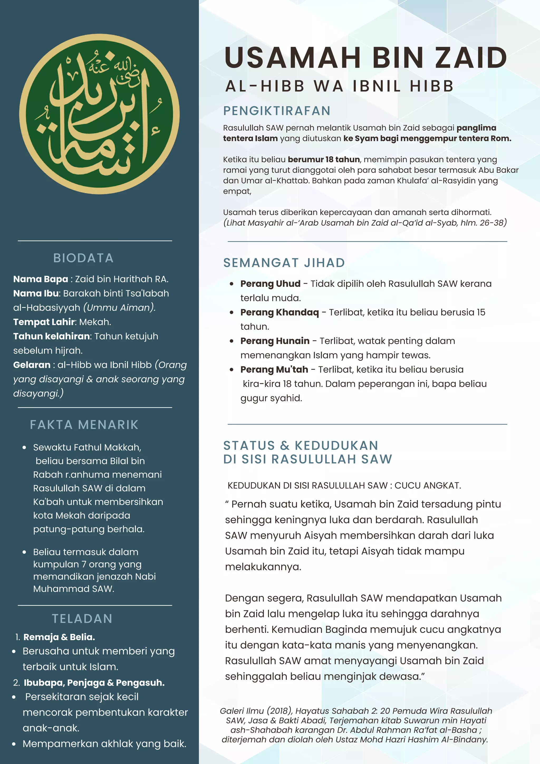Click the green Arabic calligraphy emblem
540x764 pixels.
(99, 114)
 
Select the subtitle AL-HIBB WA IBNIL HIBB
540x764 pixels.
(339, 86)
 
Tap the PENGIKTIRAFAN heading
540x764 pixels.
(277, 111)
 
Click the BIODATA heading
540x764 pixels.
(84, 258)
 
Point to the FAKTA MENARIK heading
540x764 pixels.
(84, 424)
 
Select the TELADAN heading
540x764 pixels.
(82, 619)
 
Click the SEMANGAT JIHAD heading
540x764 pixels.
(284, 262)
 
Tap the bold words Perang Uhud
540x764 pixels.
(270, 284)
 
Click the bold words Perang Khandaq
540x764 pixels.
(279, 312)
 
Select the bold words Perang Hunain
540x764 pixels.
(275, 341)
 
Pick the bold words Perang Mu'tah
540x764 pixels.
(274, 369)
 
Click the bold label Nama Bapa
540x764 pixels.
(41, 279)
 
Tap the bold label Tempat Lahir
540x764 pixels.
(44, 322)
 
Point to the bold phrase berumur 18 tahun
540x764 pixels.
(324, 159)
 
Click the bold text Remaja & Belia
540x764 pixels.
(59, 637)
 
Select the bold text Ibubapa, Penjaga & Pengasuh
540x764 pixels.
(94, 682)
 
